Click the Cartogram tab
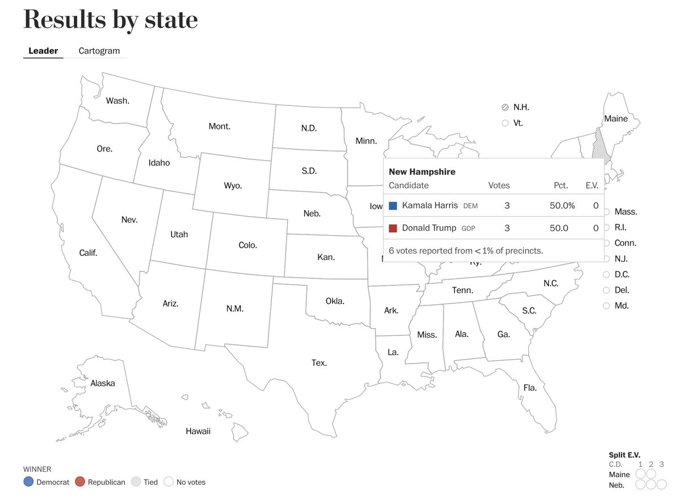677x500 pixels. click(x=99, y=51)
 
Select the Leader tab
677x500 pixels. click(x=43, y=51)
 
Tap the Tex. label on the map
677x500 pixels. click(x=319, y=363)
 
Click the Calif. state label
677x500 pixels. click(x=88, y=253)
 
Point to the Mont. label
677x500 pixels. click(x=219, y=126)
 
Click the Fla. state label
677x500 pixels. click(x=530, y=388)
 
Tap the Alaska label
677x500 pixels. click(x=103, y=383)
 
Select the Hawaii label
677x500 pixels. click(x=198, y=431)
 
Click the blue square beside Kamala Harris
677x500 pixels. click(x=393, y=206)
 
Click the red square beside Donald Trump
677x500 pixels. click(x=393, y=228)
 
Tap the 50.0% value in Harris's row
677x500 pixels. click(x=562, y=206)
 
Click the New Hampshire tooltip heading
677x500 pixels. click(x=422, y=171)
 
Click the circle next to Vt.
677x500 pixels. click(x=505, y=123)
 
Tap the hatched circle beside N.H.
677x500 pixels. click(x=505, y=107)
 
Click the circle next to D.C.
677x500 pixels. click(x=606, y=275)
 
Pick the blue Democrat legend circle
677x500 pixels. click(x=28, y=482)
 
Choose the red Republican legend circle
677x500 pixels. click(x=80, y=482)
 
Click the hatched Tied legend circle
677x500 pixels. click(x=135, y=482)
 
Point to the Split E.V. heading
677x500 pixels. click(x=625, y=455)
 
